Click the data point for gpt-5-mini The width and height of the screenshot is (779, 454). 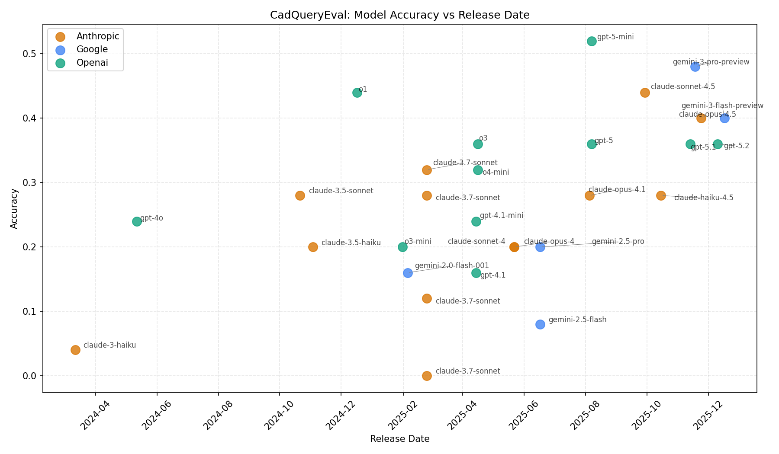[592, 41]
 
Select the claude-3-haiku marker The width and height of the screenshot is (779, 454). [75, 350]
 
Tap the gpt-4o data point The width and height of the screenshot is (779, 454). [137, 221]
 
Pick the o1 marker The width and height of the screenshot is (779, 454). [357, 93]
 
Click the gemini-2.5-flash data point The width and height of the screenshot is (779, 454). [540, 324]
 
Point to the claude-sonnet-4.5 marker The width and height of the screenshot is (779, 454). [645, 93]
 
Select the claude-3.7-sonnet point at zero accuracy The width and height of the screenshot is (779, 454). [427, 376]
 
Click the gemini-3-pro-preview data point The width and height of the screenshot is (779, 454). [695, 67]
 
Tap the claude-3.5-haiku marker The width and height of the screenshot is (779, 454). [313, 247]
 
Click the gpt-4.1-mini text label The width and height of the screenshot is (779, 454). [502, 215]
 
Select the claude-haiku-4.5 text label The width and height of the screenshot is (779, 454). [704, 198]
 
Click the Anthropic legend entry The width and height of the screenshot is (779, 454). [98, 36]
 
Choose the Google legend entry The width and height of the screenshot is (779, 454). [92, 49]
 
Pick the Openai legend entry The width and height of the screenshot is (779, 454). [92, 63]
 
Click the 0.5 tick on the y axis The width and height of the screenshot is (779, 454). [32, 54]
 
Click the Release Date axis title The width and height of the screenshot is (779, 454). [399, 439]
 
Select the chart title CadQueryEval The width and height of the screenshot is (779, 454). [399, 15]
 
